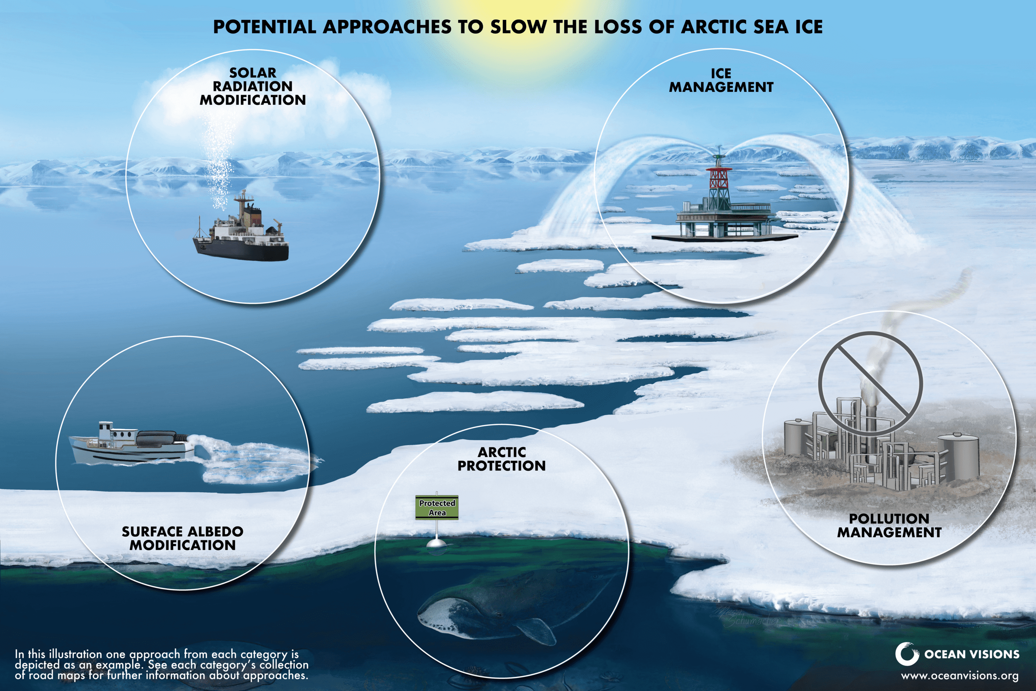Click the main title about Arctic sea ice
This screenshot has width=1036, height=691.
pos(518,27)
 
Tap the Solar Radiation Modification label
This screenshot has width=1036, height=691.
pos(253,86)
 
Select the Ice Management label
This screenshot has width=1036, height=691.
pos(721,80)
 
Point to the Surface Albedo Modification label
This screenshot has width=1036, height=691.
pos(183,538)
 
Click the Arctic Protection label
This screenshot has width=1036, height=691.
pos(501,459)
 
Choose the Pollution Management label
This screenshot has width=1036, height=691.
pos(889,525)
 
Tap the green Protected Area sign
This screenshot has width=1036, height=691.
pos(437,508)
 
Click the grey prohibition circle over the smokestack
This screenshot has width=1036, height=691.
pos(870,383)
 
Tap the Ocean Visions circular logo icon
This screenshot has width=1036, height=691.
pos(906,654)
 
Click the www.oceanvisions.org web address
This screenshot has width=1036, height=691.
pos(960,676)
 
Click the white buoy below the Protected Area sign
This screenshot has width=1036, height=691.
pos(437,542)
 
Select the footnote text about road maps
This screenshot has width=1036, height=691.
pos(161,665)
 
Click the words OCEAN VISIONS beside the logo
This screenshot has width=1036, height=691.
pos(972,654)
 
